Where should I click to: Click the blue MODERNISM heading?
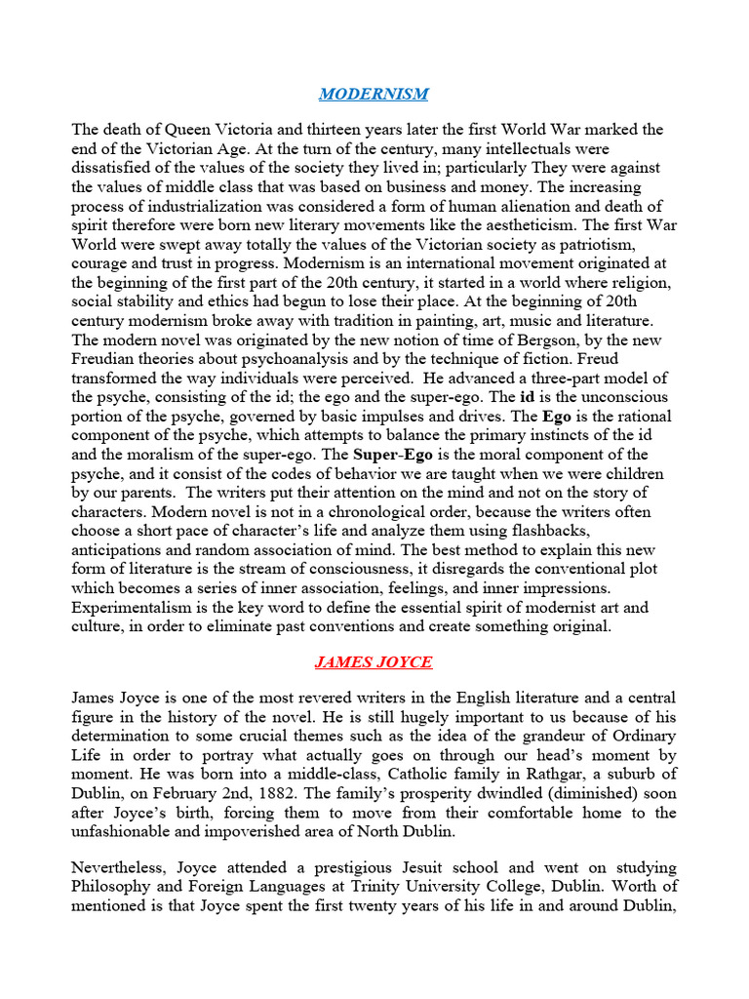374,94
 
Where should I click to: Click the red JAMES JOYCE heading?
374,661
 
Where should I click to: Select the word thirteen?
354,130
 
